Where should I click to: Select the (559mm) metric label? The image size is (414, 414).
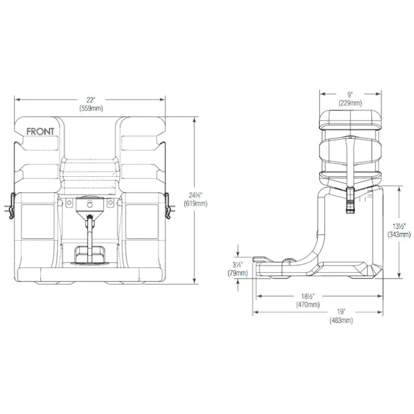coord(91,108)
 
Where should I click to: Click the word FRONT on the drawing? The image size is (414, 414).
coord(41,131)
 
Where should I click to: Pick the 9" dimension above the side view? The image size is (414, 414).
coord(350,93)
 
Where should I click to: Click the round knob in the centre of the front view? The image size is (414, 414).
coord(90,203)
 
